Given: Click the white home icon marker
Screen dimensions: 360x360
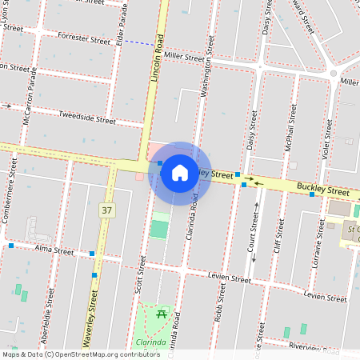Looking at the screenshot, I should click(180, 172).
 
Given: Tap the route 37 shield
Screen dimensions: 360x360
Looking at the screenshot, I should click(106, 210).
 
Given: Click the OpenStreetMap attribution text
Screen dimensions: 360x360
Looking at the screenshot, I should click(81, 354).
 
